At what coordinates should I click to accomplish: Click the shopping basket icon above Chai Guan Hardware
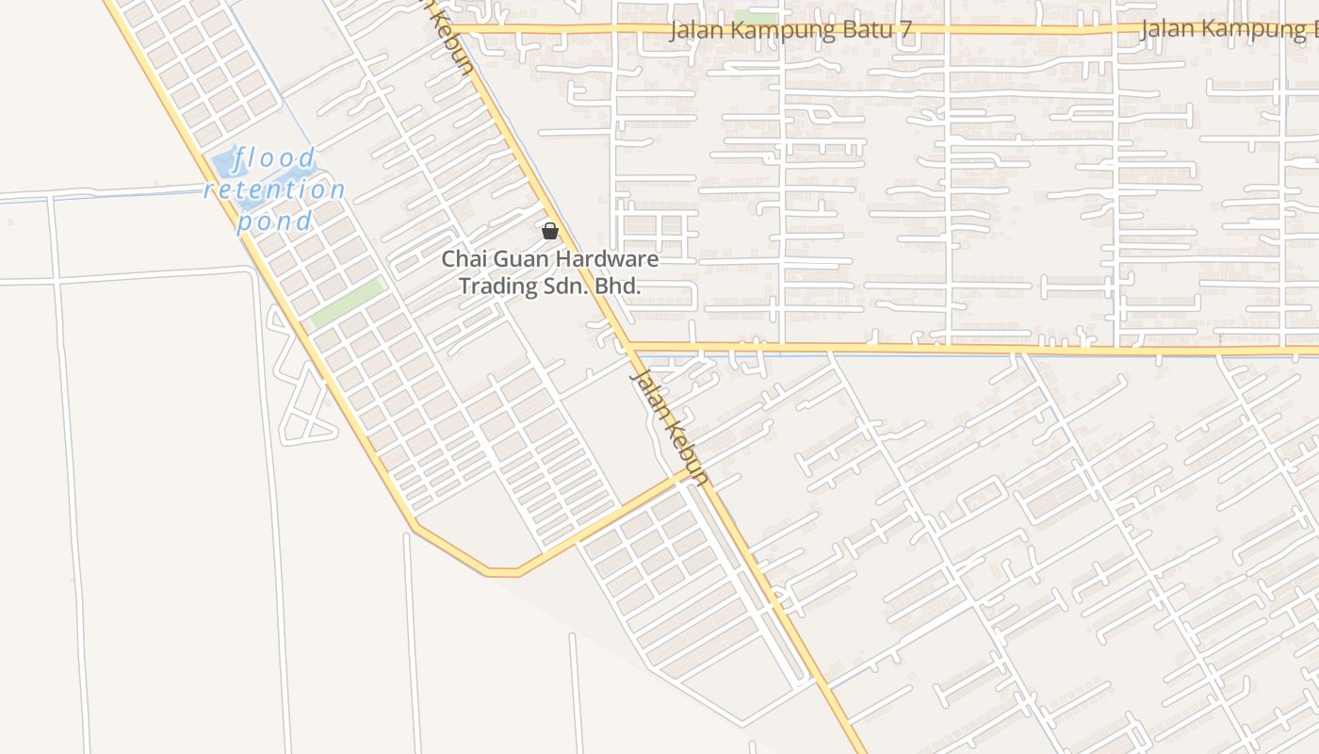click(550, 231)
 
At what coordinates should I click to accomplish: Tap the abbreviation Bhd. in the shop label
click(619, 286)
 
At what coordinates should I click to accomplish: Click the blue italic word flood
click(275, 158)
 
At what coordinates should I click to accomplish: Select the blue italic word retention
click(275, 189)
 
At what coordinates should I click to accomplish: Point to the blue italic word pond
click(274, 221)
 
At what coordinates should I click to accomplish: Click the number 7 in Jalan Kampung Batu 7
click(905, 30)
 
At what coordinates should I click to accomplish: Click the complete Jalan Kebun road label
click(669, 427)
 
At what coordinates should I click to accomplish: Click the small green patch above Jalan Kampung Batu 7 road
click(756, 17)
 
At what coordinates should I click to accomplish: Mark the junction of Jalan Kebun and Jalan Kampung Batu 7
click(468, 30)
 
